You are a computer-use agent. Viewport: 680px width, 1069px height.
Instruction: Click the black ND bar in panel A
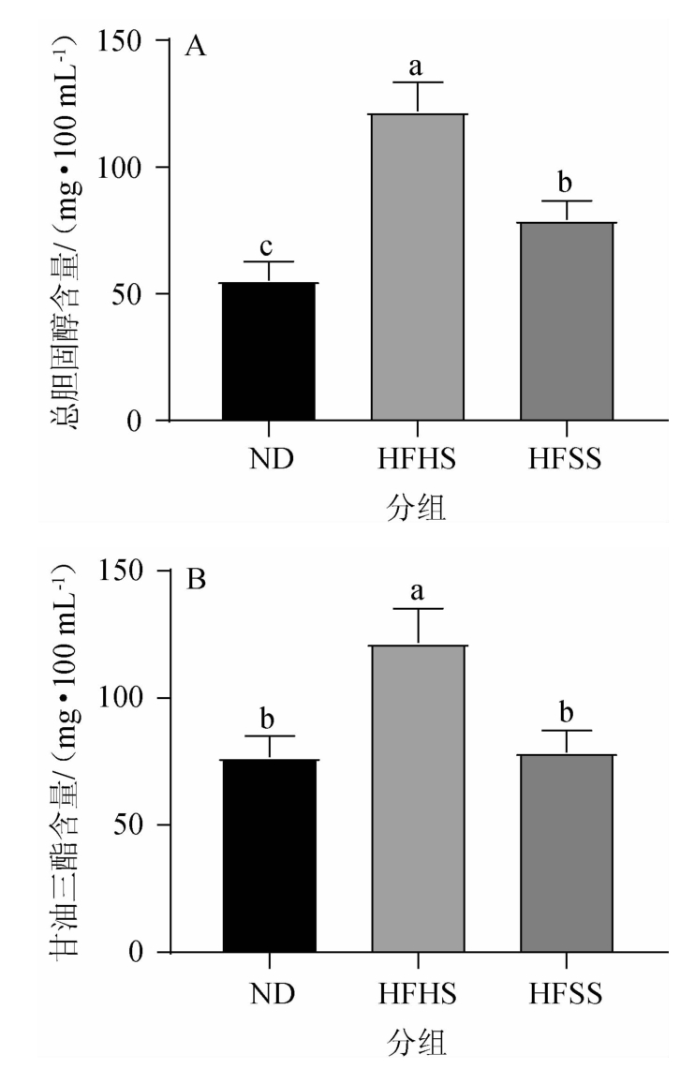[x=270, y=352]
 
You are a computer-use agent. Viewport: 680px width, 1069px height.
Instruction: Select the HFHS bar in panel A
[x=419, y=268]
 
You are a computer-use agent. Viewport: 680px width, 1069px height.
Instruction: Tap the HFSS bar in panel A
[x=568, y=322]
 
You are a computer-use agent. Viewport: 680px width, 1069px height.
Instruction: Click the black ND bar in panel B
[x=270, y=856]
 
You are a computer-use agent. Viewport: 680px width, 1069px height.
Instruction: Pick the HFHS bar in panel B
[x=419, y=798]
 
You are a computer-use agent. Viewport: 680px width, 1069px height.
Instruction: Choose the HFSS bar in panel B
[x=568, y=854]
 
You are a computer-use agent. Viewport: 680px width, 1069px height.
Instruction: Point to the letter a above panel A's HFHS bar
[x=418, y=67]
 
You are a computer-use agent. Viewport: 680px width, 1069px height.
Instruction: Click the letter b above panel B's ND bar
[x=269, y=719]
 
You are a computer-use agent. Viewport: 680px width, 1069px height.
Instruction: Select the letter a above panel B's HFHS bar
[x=418, y=592]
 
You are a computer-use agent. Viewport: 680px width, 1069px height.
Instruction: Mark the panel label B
[x=196, y=579]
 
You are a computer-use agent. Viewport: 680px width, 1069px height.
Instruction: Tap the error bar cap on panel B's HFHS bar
[x=419, y=609]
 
